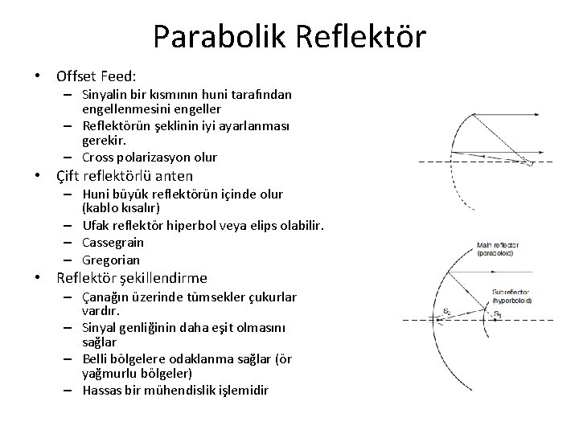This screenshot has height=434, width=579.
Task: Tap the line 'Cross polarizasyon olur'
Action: (150, 157)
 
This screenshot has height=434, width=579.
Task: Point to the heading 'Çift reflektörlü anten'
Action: (125, 176)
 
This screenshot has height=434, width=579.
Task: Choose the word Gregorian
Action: (110, 260)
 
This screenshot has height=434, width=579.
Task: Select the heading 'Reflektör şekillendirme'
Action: (131, 279)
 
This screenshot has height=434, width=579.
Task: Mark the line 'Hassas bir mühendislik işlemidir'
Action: (176, 390)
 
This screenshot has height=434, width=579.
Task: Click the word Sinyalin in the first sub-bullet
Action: (106, 95)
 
